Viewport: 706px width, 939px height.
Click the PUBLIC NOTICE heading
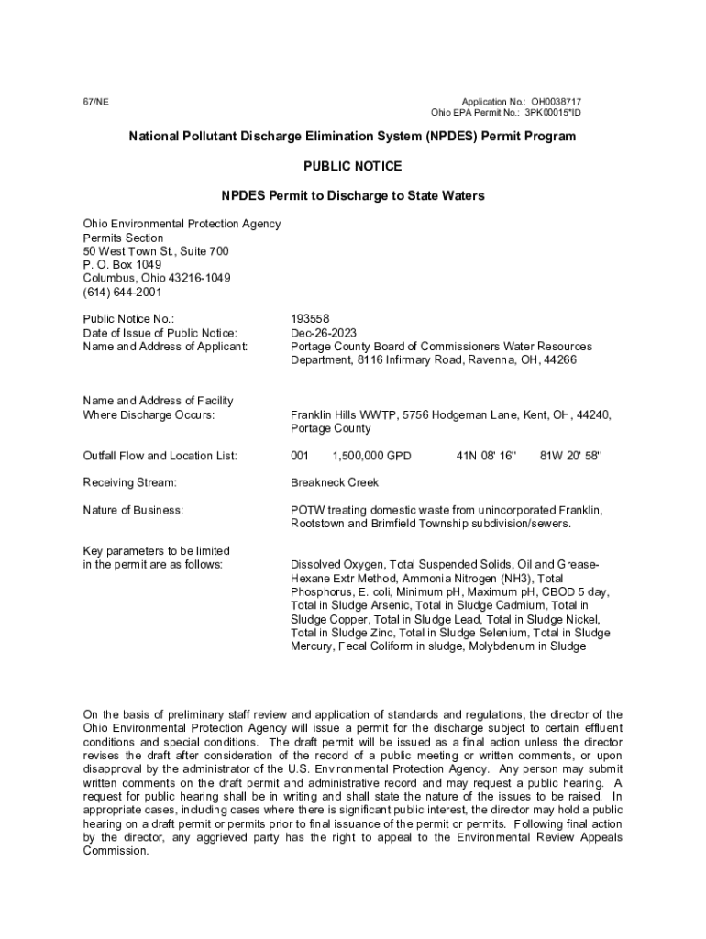click(352, 166)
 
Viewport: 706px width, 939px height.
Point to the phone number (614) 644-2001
click(122, 293)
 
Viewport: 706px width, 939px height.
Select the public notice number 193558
click(309, 319)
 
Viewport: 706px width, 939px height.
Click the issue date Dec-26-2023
click(324, 333)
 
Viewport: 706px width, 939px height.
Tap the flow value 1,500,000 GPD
click(372, 456)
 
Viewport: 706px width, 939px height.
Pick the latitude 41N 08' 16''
click(487, 456)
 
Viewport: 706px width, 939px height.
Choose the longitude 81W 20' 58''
click(571, 456)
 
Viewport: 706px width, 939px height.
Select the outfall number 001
click(300, 456)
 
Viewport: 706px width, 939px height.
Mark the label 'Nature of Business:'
click(133, 510)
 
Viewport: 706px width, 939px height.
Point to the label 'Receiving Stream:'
click(129, 482)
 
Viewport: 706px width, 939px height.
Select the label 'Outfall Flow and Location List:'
click(160, 456)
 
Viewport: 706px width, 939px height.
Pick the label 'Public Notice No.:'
click(128, 319)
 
